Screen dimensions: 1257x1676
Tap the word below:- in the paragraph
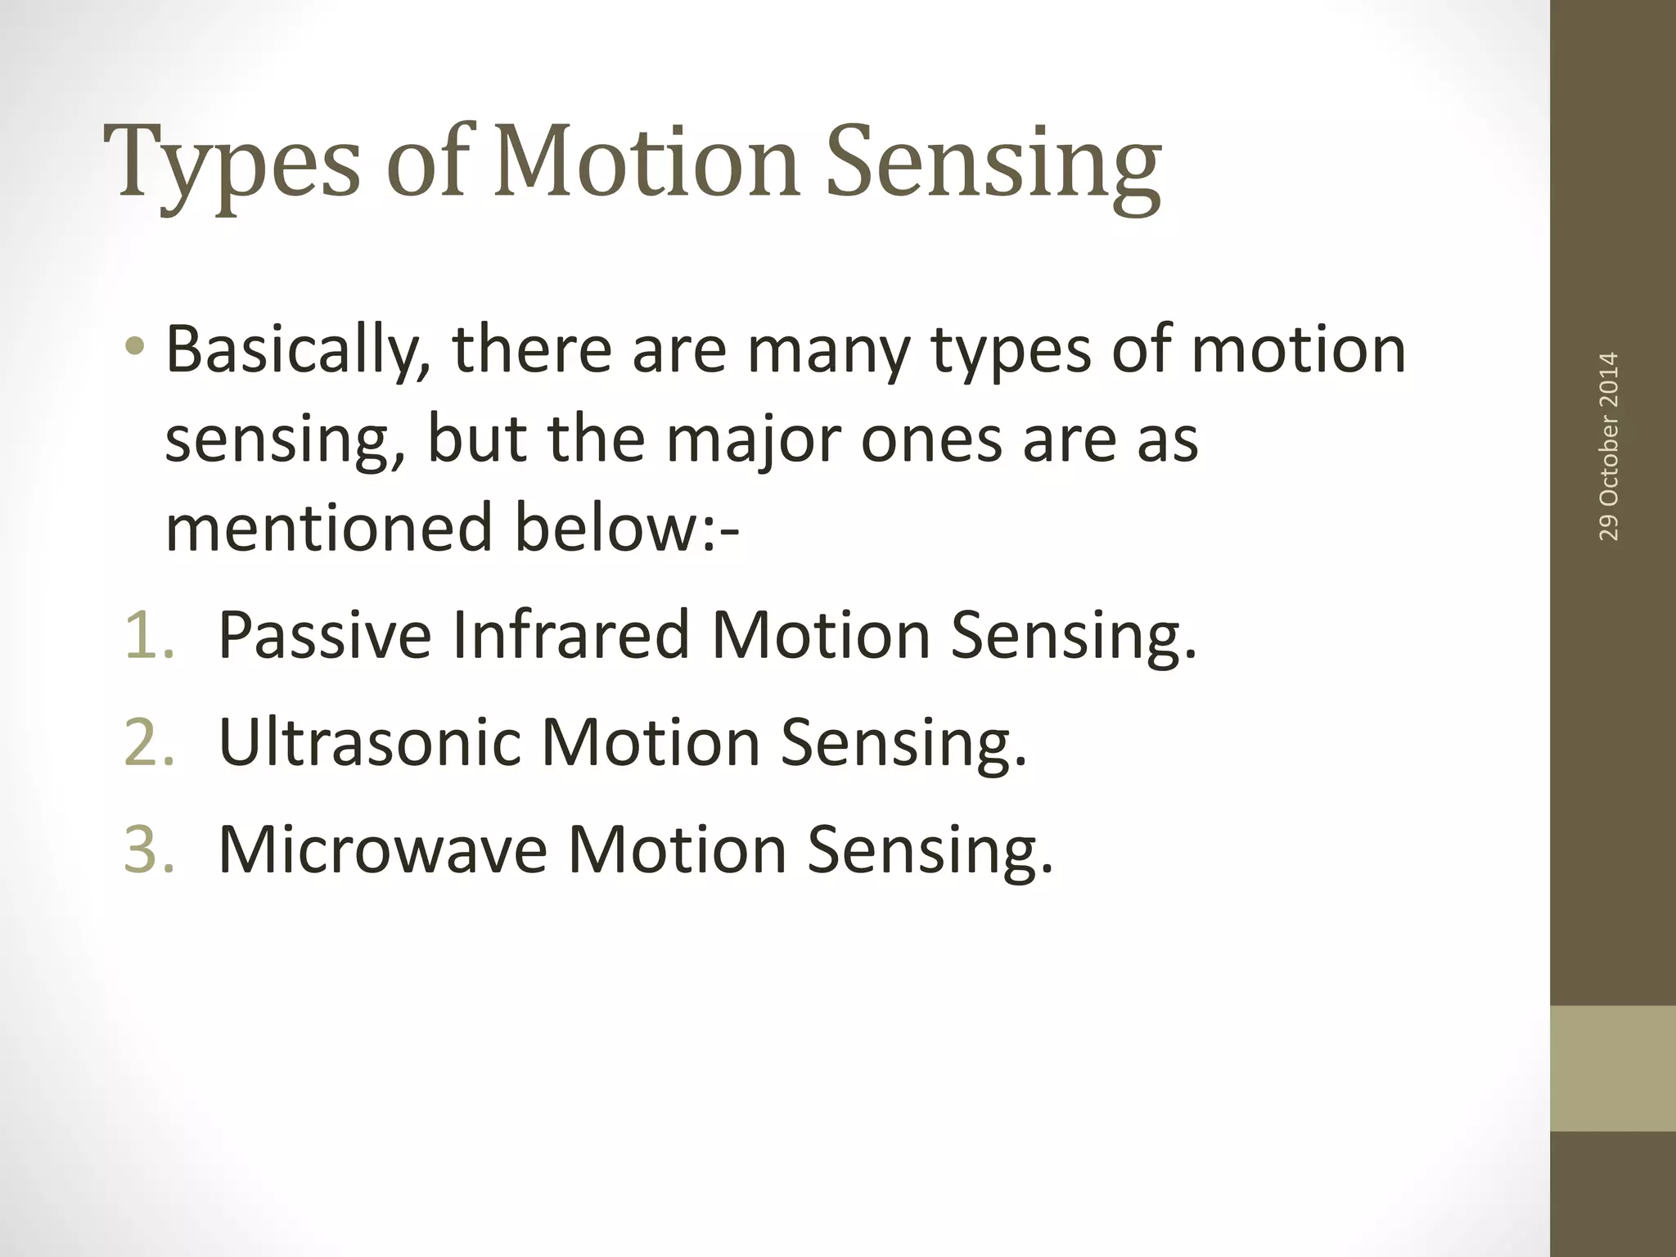(626, 528)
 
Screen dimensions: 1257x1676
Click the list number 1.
(150, 635)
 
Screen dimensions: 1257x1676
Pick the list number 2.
(150, 743)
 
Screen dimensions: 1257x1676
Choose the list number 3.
(150, 850)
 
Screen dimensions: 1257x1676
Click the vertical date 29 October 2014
(1608, 447)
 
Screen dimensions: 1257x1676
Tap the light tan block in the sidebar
(1612, 1068)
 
